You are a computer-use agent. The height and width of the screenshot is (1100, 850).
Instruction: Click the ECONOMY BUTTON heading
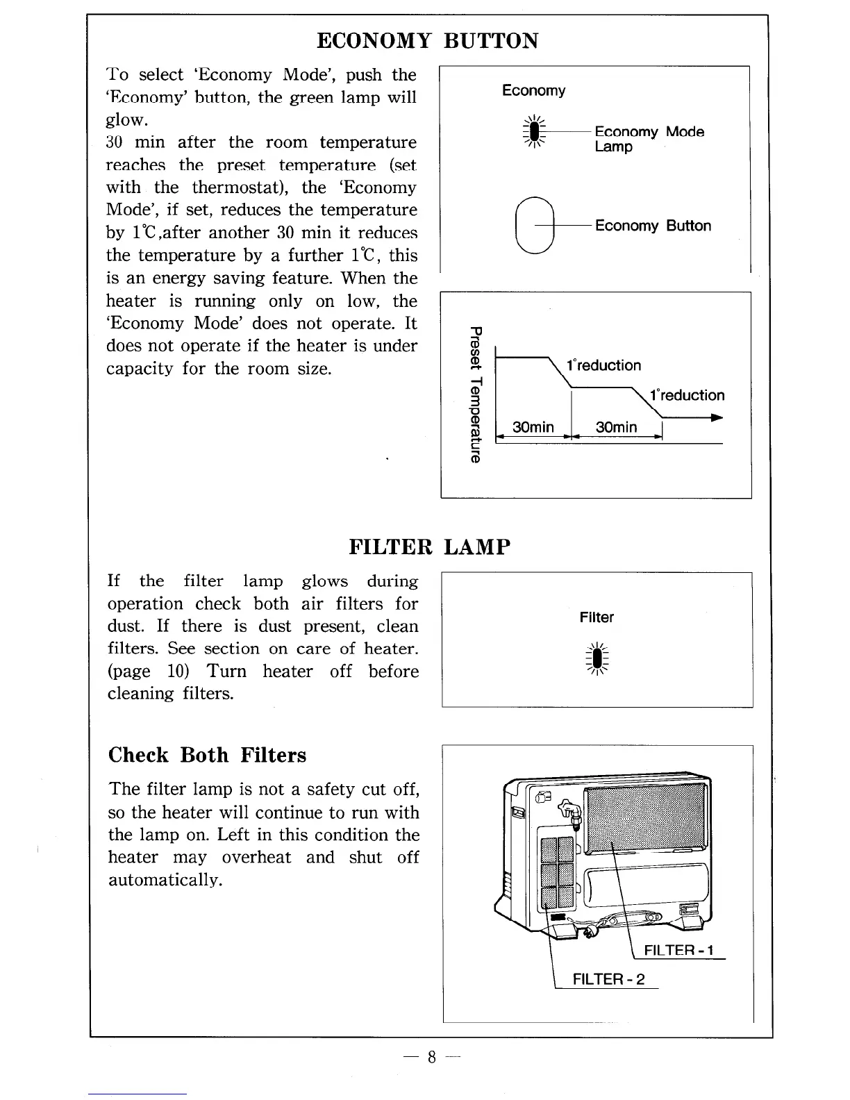tap(427, 41)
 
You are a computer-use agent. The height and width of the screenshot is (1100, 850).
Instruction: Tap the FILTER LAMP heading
tap(429, 547)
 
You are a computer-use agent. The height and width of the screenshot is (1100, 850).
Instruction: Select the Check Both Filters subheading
tap(207, 755)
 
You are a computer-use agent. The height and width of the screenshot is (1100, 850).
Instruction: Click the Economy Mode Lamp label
tap(649, 139)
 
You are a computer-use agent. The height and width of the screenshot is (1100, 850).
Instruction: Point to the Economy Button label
tap(653, 226)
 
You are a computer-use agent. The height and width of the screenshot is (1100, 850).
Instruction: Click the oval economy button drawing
tap(535, 225)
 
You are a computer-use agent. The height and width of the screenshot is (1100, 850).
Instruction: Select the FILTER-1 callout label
tap(678, 950)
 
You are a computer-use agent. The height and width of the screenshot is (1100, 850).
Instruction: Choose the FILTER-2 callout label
tap(608, 979)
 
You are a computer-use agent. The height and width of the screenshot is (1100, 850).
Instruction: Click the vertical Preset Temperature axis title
tap(474, 393)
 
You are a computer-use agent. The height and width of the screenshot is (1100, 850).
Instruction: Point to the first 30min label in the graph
tap(533, 427)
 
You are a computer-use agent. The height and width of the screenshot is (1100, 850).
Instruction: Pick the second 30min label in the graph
tap(616, 427)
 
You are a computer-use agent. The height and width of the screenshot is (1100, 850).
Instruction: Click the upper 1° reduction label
tap(603, 365)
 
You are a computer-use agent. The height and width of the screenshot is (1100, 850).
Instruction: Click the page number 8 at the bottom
tap(431, 1058)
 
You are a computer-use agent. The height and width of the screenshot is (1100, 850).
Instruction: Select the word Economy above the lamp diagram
tap(533, 90)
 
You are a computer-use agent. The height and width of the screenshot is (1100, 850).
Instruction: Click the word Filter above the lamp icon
tap(597, 617)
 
